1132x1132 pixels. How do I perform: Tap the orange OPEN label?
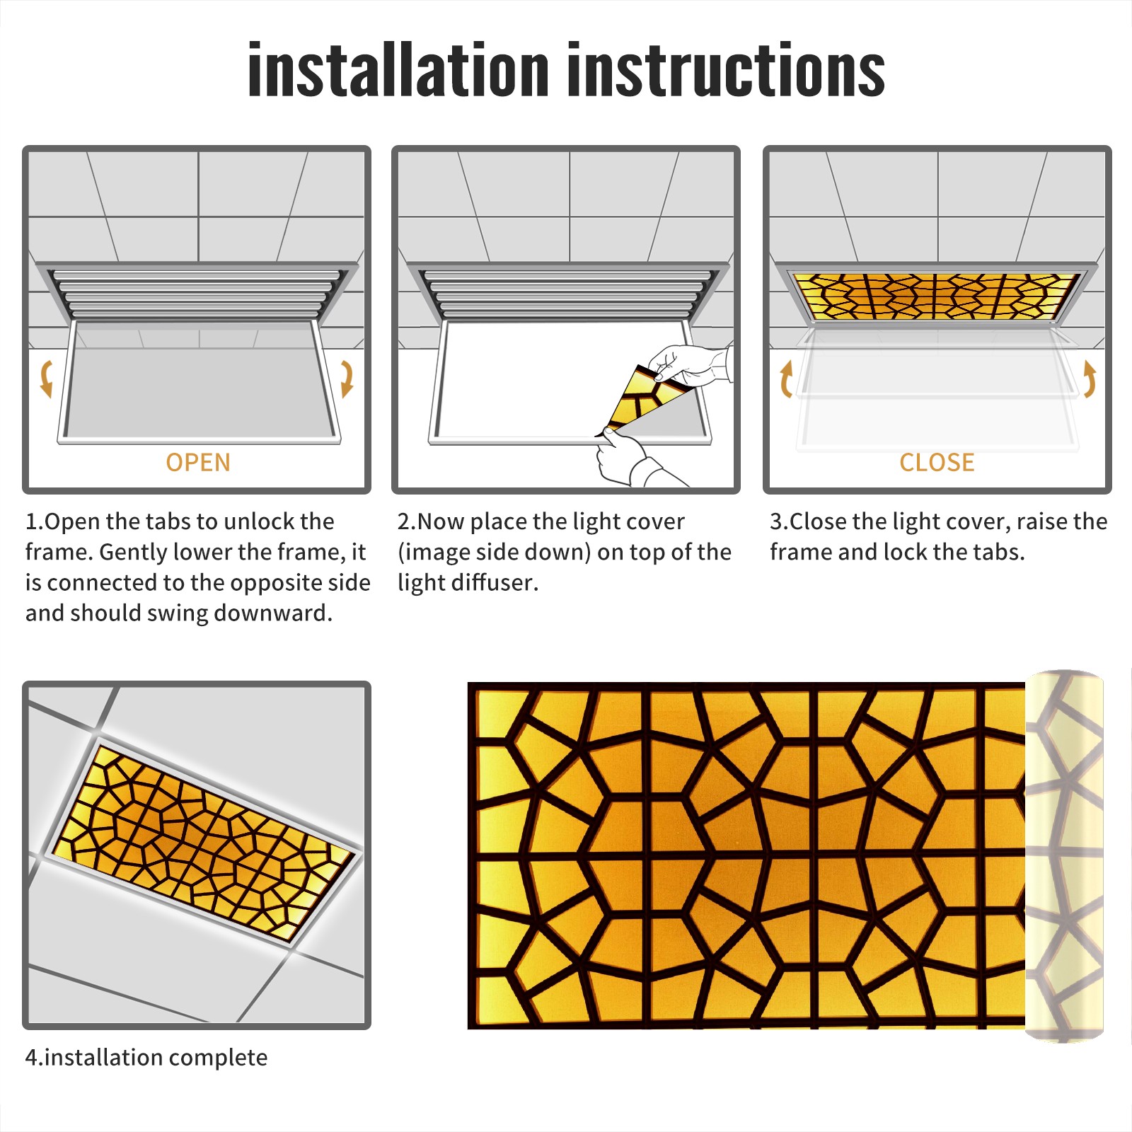(x=198, y=463)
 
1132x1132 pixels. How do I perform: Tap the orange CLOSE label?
(x=937, y=463)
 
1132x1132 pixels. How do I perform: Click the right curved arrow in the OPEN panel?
(x=347, y=379)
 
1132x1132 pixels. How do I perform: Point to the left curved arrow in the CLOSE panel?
(x=786, y=379)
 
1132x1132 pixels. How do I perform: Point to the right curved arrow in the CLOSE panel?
(x=1090, y=379)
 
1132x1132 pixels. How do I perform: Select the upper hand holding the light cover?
(x=690, y=366)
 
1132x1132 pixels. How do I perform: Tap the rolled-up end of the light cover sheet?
(x=1064, y=856)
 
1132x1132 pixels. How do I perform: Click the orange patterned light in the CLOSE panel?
(x=937, y=296)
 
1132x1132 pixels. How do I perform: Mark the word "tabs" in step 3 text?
(x=999, y=552)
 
